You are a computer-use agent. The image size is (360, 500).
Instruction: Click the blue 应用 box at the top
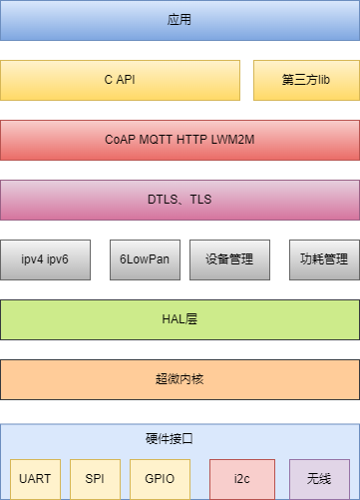point(180,20)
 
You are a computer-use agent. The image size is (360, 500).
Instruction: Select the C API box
point(120,80)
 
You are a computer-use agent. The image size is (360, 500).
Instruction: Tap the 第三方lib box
point(305,80)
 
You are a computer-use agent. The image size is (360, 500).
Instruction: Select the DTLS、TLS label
point(180,200)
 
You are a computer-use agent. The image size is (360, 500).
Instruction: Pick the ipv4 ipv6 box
point(45,259)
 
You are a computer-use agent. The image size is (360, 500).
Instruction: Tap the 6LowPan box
point(145,259)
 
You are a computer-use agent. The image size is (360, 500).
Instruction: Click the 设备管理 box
point(229,259)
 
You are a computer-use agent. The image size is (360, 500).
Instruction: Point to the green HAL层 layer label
point(180,319)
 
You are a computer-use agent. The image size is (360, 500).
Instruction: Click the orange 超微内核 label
point(180,379)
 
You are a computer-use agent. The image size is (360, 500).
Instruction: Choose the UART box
point(35,479)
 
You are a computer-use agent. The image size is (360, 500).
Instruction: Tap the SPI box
point(95,479)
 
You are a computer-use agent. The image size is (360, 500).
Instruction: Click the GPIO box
point(160,479)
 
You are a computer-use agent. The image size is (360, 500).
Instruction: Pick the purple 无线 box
point(319,479)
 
